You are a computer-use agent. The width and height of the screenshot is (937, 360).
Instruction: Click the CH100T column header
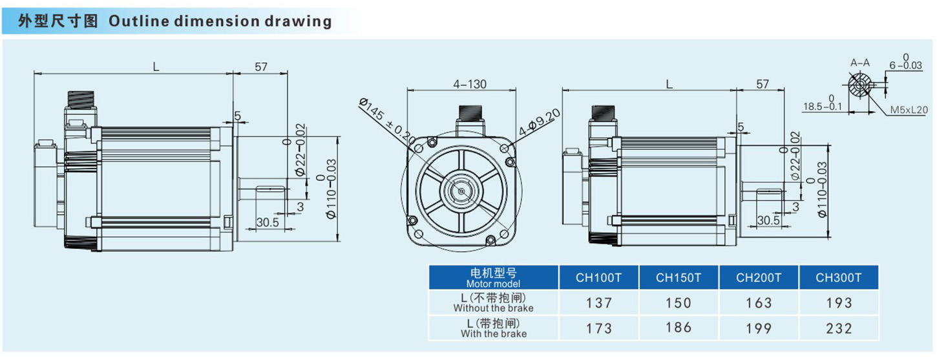[x=598, y=277]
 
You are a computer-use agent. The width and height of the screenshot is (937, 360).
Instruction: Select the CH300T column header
[x=838, y=277]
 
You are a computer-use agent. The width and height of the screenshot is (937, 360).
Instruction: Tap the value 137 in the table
[x=598, y=302]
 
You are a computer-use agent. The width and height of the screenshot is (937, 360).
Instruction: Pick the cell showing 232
[x=838, y=328]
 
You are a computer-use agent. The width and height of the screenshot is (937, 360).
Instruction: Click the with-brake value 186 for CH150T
[x=678, y=328]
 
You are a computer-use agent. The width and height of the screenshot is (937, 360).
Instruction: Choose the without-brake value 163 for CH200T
[x=758, y=302]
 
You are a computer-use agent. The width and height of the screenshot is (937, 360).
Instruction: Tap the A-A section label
[x=859, y=63]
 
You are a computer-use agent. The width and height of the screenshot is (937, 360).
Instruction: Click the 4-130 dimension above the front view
[x=470, y=84]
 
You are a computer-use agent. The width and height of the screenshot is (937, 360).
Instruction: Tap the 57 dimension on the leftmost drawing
[x=260, y=67]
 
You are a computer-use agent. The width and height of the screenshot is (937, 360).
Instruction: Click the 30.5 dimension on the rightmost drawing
[x=768, y=220]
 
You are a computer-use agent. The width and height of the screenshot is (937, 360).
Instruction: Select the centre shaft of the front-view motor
[x=460, y=190]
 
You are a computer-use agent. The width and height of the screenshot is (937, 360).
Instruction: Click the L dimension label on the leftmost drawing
[x=156, y=67]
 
